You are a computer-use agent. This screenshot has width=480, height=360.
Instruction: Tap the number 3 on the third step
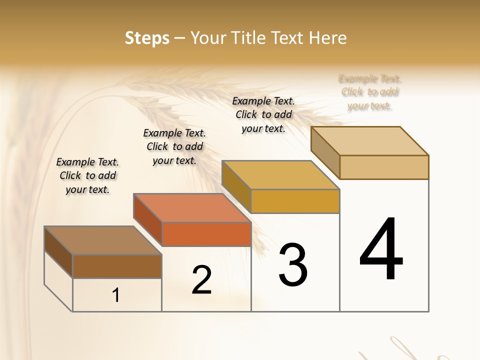(293, 265)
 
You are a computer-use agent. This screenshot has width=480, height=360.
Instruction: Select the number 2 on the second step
(201, 280)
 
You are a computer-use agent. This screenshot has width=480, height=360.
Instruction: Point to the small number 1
(116, 295)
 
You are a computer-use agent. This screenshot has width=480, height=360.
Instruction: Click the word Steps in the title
(147, 38)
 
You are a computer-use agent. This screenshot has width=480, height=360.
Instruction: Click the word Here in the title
(328, 38)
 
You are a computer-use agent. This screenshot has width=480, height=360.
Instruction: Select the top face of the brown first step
(103, 240)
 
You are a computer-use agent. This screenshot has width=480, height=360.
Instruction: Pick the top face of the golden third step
(280, 175)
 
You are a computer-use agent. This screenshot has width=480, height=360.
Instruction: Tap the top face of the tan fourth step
(369, 141)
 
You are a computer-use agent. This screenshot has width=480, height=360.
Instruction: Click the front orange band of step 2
(206, 234)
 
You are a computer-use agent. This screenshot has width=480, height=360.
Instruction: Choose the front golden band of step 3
(295, 201)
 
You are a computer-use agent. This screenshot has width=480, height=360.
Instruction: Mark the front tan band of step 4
(384, 167)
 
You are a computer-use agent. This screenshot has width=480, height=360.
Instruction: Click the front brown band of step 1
(117, 266)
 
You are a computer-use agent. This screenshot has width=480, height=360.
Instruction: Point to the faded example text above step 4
(370, 92)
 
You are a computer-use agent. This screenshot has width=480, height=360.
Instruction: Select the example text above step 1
(88, 175)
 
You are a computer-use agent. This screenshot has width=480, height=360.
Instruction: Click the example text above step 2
(174, 146)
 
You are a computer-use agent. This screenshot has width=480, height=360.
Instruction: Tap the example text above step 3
(263, 114)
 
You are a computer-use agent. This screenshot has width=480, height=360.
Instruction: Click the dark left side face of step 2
(148, 220)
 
